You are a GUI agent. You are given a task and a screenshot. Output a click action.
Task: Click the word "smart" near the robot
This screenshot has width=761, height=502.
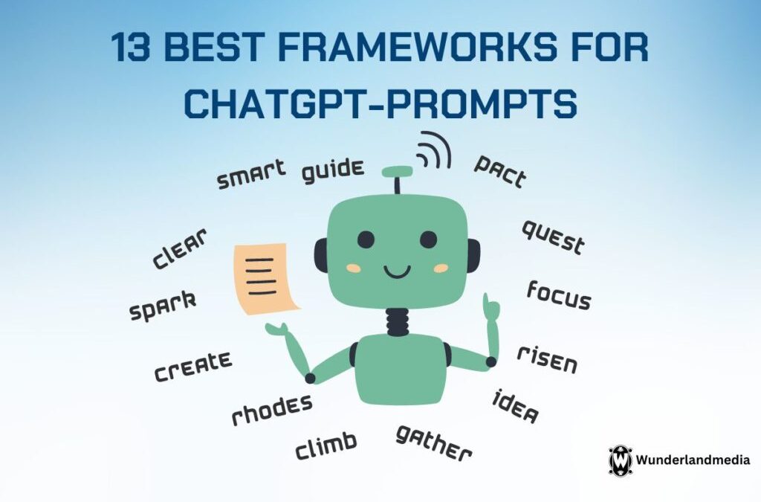[251, 174]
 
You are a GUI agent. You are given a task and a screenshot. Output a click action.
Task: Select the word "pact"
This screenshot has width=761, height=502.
[500, 171]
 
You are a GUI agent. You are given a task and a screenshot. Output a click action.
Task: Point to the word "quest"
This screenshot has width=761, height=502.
[553, 236]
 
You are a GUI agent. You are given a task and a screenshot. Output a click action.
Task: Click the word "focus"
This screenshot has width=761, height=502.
[559, 295]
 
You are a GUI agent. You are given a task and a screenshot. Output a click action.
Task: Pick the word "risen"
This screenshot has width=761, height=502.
[548, 360]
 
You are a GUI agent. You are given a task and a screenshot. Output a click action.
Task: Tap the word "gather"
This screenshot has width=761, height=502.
[433, 443]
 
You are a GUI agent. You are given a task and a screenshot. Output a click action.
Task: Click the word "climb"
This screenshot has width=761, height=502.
[326, 445]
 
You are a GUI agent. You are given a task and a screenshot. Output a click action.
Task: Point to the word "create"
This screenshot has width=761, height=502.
[193, 366]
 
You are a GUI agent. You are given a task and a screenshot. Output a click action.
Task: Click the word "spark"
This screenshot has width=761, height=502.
[163, 306]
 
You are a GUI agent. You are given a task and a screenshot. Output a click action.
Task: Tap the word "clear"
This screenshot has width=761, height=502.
[180, 248]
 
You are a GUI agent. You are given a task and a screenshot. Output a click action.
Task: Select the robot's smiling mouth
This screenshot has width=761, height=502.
[397, 272]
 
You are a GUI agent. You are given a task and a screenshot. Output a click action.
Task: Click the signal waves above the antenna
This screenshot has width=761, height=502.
[433, 150]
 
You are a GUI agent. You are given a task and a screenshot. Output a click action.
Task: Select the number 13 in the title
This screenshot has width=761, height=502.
[130, 48]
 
